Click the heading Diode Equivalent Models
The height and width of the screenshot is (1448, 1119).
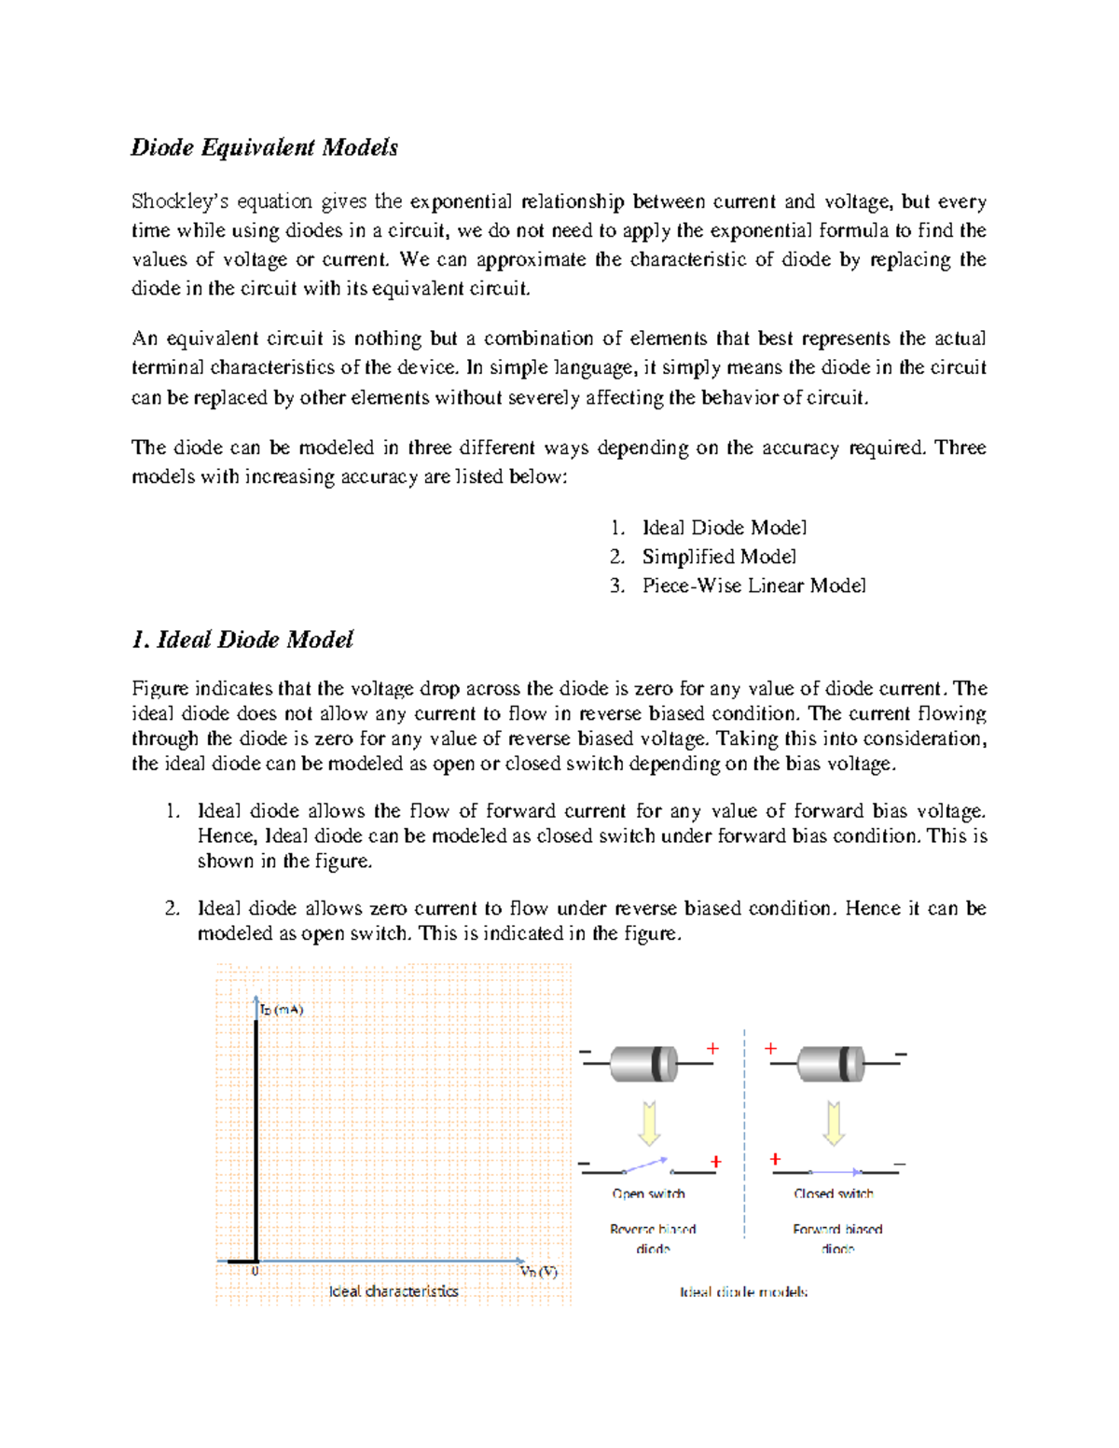(264, 147)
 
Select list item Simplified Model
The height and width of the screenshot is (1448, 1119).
(718, 557)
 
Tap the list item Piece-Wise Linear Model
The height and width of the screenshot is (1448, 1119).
(753, 586)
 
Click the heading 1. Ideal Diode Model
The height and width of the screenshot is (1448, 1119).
(242, 640)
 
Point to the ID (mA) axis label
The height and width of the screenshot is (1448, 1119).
(282, 1009)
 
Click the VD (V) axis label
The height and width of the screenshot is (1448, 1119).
(538, 1272)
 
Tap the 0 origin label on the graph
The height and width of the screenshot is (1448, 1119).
(255, 1271)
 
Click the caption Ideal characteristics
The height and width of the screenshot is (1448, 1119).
(394, 1291)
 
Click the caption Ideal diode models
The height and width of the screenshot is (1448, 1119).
(743, 1292)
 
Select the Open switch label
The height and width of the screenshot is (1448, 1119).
(648, 1193)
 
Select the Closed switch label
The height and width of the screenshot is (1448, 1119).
(834, 1193)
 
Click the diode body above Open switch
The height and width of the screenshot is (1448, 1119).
(643, 1063)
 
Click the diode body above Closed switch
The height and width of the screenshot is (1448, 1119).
(832, 1063)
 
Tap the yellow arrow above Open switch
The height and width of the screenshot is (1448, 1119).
(649, 1123)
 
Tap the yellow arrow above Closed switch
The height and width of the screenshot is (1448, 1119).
(834, 1123)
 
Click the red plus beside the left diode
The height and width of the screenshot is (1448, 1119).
(712, 1049)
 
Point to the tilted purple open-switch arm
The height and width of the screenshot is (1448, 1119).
(645, 1165)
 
